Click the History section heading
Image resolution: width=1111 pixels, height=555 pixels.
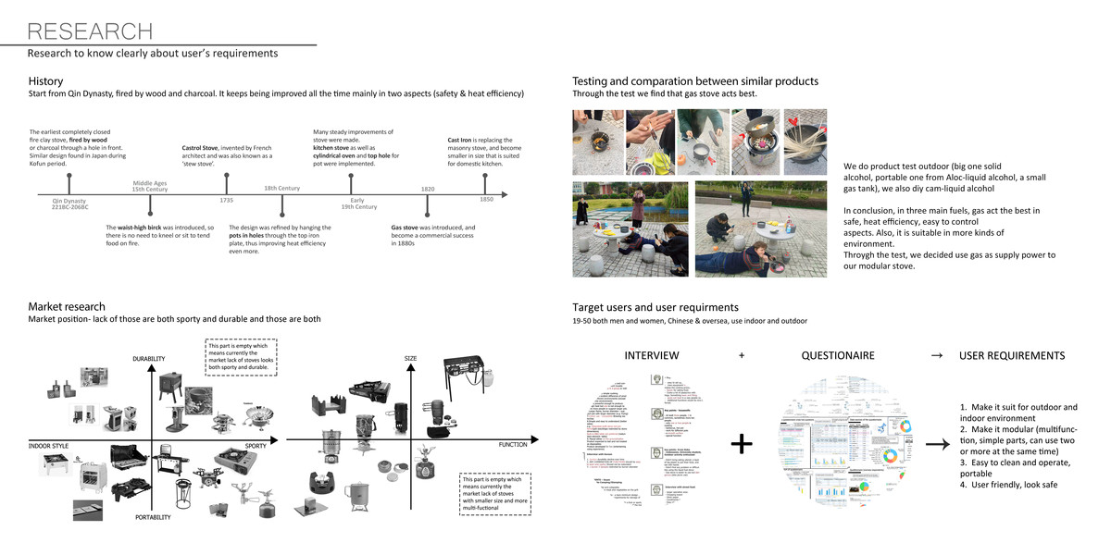46,81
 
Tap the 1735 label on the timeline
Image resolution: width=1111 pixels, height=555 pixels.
225,201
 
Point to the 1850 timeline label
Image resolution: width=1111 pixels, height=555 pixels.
486,201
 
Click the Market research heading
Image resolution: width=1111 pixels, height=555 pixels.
67,306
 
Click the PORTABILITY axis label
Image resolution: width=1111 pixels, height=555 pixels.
152,517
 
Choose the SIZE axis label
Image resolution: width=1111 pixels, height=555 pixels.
411,358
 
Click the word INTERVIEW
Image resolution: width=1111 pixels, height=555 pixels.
652,356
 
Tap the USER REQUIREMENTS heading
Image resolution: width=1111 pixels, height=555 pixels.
1012,356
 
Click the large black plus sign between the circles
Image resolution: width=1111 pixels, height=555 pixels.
741,445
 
